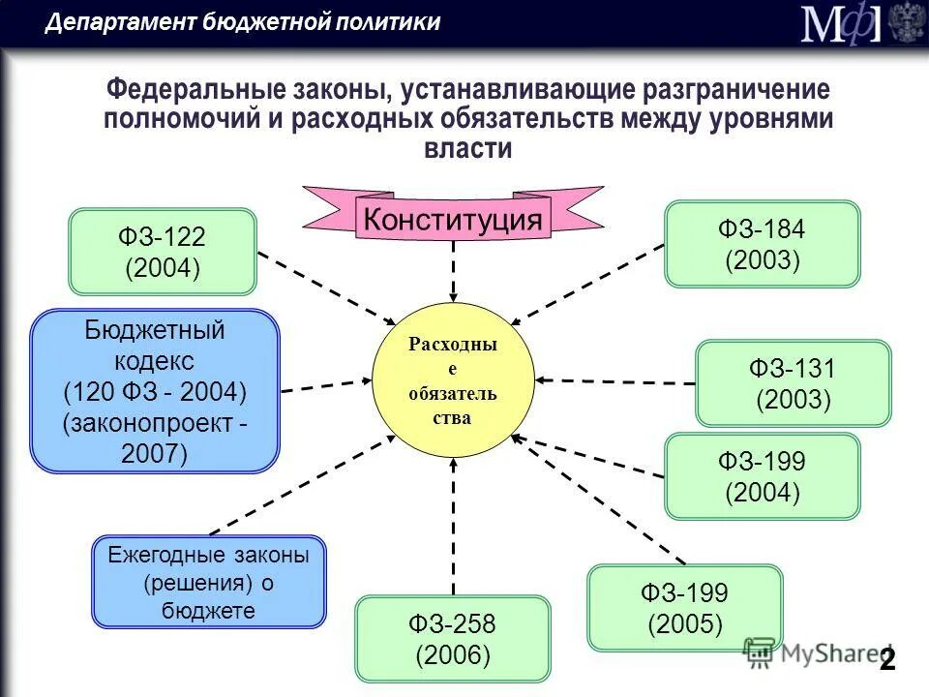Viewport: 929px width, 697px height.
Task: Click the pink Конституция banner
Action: click(x=453, y=219)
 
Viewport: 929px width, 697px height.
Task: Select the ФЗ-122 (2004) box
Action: click(x=163, y=252)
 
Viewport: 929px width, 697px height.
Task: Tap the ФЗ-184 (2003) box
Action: click(x=762, y=244)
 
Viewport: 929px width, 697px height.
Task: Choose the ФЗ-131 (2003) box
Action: click(x=793, y=383)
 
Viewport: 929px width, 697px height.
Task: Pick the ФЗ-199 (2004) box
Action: click(x=762, y=476)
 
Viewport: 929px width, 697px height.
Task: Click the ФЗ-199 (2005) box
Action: click(x=684, y=608)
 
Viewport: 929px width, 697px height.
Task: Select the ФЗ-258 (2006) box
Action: click(x=452, y=639)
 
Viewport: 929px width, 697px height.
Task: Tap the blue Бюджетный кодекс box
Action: click(x=155, y=391)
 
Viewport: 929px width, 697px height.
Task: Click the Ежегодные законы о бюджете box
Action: click(x=208, y=583)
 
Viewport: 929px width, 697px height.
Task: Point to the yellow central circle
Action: click(x=453, y=381)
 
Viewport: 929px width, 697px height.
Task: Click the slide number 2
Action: click(x=886, y=660)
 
